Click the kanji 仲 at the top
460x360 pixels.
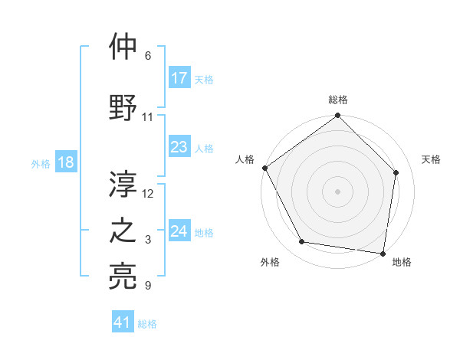pos(123,47)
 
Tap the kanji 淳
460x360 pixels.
pos(123,183)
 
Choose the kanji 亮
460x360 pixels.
pos(123,277)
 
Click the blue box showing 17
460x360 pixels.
pos(179,78)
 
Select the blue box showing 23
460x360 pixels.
pos(179,148)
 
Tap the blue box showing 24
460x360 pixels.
pos(179,232)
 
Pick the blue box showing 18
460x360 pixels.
pos(66,163)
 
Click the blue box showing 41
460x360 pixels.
pos(123,323)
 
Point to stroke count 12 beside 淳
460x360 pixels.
pos(148,193)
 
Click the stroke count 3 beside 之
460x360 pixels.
pos(148,241)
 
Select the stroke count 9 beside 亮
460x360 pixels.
pos(148,286)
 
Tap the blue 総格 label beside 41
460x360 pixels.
pos(147,324)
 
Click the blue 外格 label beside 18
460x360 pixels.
pos(41,164)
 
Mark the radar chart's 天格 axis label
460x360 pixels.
pos(431,159)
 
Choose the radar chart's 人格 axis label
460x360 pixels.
pos(245,159)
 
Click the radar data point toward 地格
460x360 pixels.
pos(383,253)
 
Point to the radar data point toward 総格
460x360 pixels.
pos(337,116)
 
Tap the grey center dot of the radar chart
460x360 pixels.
pos(337,191)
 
